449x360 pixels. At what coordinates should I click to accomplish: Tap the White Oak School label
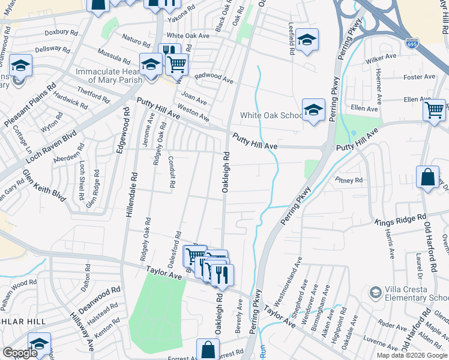tap(271, 115)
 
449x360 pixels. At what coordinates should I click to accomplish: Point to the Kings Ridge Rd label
tap(400, 220)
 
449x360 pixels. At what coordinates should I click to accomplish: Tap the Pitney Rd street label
tap(349, 179)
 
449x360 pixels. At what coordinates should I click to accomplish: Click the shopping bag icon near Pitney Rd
tap(427, 178)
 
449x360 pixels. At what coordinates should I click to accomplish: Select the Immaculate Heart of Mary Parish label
tap(109, 76)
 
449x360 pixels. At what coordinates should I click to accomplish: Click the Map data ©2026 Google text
tap(412, 355)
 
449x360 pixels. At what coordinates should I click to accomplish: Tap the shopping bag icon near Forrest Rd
tap(207, 349)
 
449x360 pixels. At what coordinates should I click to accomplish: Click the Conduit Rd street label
tap(171, 172)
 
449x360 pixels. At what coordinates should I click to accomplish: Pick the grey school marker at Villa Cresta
tap(376, 292)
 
